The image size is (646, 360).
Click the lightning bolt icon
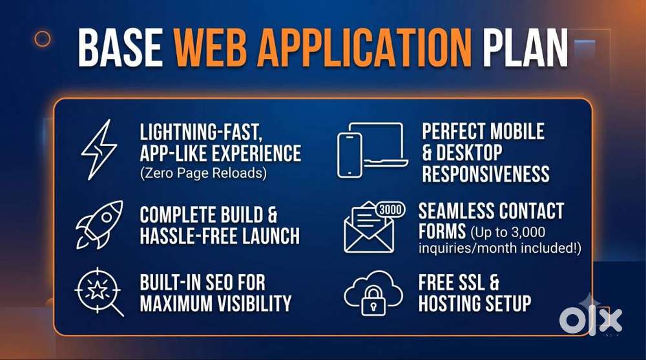[99, 149]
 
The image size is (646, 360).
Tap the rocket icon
[99, 225]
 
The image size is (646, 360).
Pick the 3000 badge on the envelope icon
[390, 210]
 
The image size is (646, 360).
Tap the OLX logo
[590, 321]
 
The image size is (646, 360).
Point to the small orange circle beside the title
[43, 39]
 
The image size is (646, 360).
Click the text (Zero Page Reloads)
[203, 173]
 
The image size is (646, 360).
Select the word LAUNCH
[271, 236]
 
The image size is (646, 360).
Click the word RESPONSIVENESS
[486, 174]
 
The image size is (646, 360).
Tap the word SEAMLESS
[455, 211]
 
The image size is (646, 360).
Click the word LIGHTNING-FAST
[201, 132]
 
